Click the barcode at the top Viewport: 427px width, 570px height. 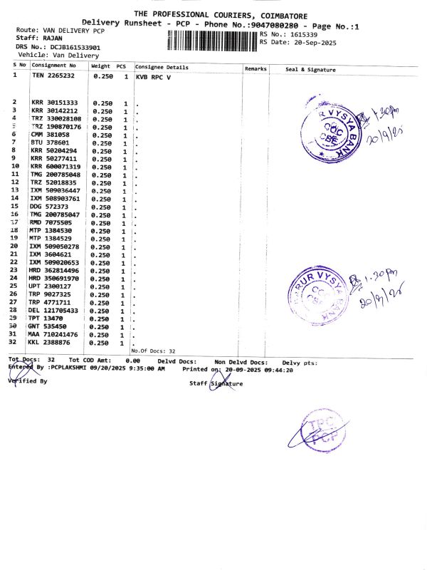[x=212, y=40]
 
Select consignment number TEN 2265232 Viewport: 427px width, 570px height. [x=54, y=76]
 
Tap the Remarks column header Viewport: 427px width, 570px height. [x=255, y=68]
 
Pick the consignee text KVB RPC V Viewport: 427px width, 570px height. [x=154, y=76]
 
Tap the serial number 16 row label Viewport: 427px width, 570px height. [x=14, y=214]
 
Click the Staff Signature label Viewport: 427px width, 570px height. [x=216, y=383]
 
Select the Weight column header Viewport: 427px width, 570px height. [x=100, y=66]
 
